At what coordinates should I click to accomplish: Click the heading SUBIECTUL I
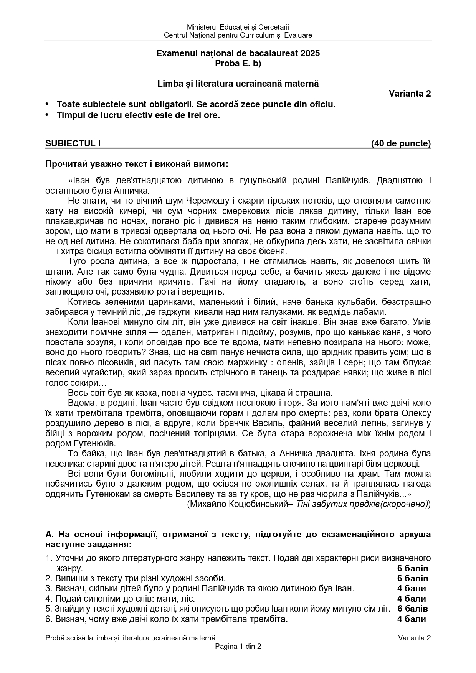tap(73, 144)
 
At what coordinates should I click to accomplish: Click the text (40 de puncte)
tap(401, 144)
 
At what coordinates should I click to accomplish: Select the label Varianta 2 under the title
tap(410, 94)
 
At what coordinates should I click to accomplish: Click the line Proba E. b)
tap(238, 64)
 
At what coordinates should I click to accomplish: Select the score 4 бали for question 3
tap(412, 588)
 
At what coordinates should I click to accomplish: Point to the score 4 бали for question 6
tap(412, 619)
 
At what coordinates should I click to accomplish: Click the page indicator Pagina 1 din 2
tap(238, 646)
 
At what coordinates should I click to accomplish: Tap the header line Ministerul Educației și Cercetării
tap(238, 27)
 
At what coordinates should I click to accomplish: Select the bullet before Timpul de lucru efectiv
tap(47, 115)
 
